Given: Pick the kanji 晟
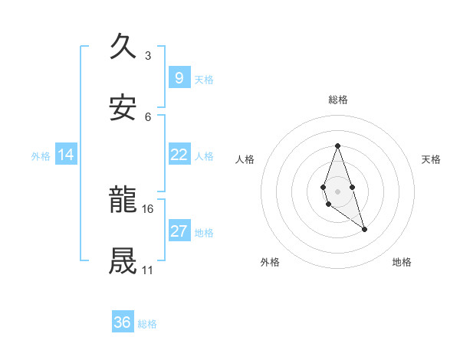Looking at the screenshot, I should [x=123, y=260].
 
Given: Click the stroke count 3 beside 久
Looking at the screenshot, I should [x=147, y=55].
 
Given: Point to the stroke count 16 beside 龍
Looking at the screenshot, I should [x=147, y=208].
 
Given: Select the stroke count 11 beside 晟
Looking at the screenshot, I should [x=147, y=270].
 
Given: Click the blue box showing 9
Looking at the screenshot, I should [x=179, y=77].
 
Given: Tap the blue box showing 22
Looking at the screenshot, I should [x=179, y=155].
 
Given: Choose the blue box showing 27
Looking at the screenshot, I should [x=179, y=231].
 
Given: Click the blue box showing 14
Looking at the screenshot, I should [x=66, y=155].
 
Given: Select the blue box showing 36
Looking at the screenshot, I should [x=122, y=322].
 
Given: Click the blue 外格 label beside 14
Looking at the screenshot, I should [x=41, y=156].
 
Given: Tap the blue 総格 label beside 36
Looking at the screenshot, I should [x=147, y=324].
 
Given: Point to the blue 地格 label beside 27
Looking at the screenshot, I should [x=204, y=233].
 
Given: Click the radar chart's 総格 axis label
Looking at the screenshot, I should [x=337, y=100].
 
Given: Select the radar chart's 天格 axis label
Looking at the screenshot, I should [x=431, y=159].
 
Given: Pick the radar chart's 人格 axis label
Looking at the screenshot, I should [x=245, y=159].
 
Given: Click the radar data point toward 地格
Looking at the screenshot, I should [x=364, y=229].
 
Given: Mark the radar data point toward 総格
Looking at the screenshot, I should [x=337, y=146].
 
